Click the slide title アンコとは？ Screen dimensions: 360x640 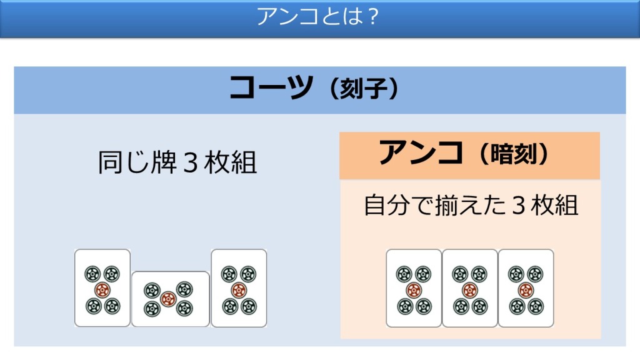318,17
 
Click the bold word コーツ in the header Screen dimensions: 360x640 270,89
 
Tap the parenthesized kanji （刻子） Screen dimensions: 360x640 361,91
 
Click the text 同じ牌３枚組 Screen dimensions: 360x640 177,164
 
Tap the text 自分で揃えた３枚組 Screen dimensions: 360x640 471,206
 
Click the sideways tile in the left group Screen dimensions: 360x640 170,299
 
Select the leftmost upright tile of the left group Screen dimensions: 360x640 102,288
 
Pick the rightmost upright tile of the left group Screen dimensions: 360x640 239,288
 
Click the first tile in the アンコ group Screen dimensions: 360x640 414,288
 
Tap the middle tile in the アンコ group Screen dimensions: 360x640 470,288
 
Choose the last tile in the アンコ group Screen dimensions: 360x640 526,288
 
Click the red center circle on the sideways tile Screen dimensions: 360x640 167,299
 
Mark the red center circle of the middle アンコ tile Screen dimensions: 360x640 469,290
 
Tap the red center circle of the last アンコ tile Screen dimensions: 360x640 525,290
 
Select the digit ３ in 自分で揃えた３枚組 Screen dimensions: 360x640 518,206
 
